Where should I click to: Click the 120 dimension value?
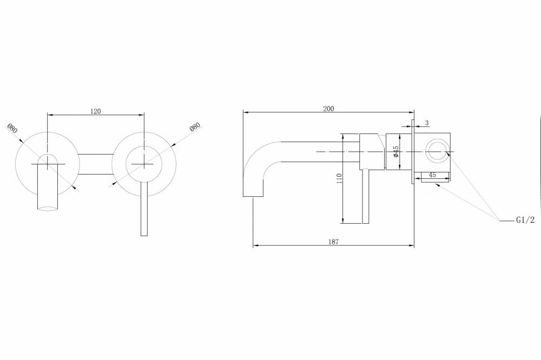pyautogui.click(x=95, y=111)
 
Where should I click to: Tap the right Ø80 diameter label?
pyautogui.click(x=195, y=128)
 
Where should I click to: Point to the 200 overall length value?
pyautogui.click(x=328, y=109)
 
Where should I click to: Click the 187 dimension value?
pyautogui.click(x=333, y=242)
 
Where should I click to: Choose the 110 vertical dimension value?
pyautogui.click(x=339, y=178)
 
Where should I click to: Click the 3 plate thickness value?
pyautogui.click(x=426, y=123)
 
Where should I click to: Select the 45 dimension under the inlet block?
pyautogui.click(x=432, y=175)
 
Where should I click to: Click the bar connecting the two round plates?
pyautogui.click(x=96, y=164)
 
